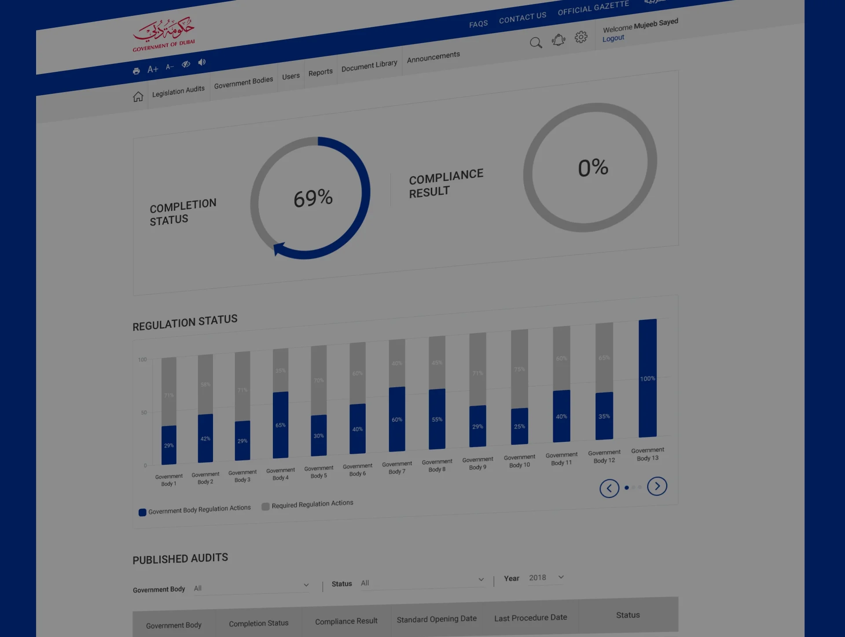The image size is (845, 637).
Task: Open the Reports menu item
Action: point(320,73)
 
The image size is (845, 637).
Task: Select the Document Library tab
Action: point(369,65)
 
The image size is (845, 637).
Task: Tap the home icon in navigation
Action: point(138,96)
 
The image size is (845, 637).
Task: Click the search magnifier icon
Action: point(536,43)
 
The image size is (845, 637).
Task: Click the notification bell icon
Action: point(558,40)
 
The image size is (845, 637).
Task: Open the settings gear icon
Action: point(581,37)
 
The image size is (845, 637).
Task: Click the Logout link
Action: point(613,38)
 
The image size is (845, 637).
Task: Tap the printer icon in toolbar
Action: point(136,71)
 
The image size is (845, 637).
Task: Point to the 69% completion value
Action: point(313,198)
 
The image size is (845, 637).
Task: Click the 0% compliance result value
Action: point(593,168)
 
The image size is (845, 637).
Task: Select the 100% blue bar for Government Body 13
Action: point(647,378)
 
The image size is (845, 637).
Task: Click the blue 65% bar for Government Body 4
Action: point(280,425)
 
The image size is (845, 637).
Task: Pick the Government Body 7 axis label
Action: point(397,467)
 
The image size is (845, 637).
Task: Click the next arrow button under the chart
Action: point(657,486)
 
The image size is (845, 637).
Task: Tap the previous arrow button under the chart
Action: point(610,488)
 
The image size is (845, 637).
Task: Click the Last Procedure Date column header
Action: point(530,618)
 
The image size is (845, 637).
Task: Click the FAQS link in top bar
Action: point(478,24)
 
